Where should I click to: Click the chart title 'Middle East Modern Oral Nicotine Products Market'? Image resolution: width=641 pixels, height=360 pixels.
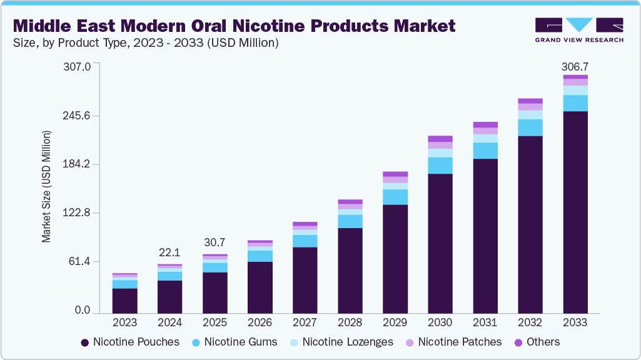[234, 26]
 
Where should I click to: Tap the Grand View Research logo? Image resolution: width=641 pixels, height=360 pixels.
[578, 30]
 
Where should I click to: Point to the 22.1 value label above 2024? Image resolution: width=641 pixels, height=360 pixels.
[170, 252]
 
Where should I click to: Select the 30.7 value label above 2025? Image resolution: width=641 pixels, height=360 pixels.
[215, 242]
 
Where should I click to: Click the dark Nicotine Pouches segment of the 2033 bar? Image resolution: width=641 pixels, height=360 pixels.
[575, 212]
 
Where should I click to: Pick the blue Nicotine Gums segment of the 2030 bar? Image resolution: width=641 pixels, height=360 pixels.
[440, 165]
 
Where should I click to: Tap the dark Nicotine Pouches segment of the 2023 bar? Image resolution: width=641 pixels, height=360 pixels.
[125, 300]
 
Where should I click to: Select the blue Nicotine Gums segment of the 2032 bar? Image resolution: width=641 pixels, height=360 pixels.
[530, 127]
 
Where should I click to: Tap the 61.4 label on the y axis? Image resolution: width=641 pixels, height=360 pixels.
[81, 261]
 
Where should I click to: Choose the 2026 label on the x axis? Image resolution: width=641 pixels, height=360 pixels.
[260, 323]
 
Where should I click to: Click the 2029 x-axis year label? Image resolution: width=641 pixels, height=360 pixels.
[395, 323]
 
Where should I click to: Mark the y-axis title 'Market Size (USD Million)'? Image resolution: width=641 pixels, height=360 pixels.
[46, 187]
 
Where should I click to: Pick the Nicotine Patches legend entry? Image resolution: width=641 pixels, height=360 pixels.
[453, 342]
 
